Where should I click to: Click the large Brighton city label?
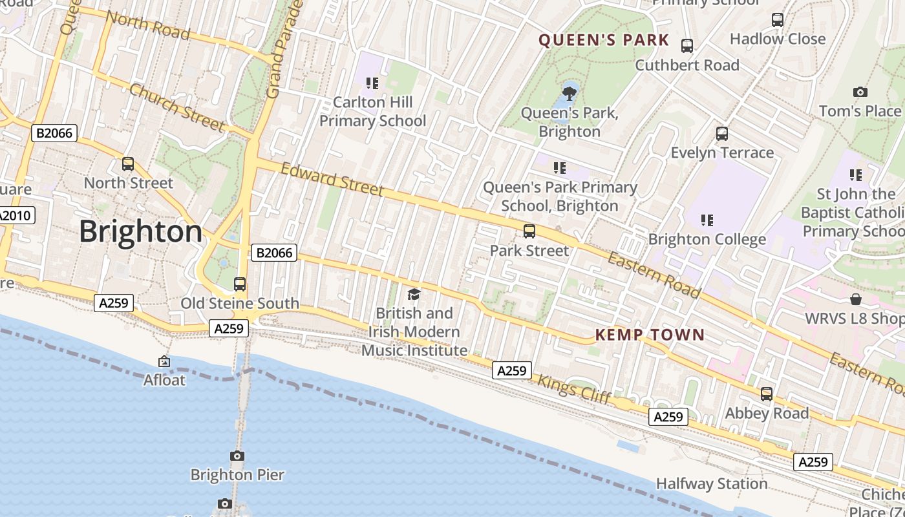[140, 231]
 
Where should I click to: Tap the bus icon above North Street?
[128, 164]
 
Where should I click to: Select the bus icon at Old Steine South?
[240, 284]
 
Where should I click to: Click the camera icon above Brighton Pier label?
[237, 456]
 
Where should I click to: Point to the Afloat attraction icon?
[164, 362]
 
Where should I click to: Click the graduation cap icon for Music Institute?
[414, 295]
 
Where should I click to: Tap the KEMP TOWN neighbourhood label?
[649, 335]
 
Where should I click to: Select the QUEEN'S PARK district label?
[604, 40]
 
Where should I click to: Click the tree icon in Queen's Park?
[569, 94]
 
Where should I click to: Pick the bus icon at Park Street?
[529, 231]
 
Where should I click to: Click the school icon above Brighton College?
[707, 220]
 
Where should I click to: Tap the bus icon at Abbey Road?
[767, 394]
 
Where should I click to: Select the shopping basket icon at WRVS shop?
[856, 299]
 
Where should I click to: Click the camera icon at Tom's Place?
[860, 92]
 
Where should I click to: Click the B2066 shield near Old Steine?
[274, 253]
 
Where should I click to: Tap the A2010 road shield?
[16, 215]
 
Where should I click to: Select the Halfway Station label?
[712, 483]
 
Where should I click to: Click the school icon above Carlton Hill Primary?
[372, 83]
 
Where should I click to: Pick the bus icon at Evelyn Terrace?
[722, 134]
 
